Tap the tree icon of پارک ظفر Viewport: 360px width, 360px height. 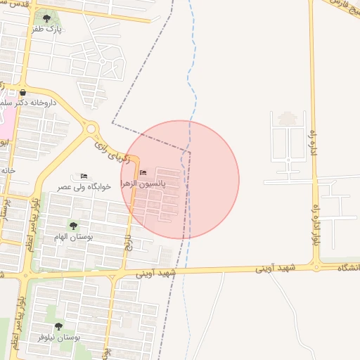pos(46,18)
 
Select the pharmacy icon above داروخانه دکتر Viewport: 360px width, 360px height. pos(23,92)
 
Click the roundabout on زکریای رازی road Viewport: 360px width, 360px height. pos(90,129)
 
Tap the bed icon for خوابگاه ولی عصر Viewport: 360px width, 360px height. pos(84,176)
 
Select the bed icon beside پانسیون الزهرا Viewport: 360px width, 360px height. pos(143,173)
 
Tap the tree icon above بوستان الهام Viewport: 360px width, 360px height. pos(73,225)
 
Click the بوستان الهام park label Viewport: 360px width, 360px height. pos(73,237)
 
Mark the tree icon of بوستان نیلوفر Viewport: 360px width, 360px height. pos(58,326)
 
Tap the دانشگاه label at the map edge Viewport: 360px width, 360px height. pos(348,268)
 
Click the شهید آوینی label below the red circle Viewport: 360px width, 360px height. pos(155,273)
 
